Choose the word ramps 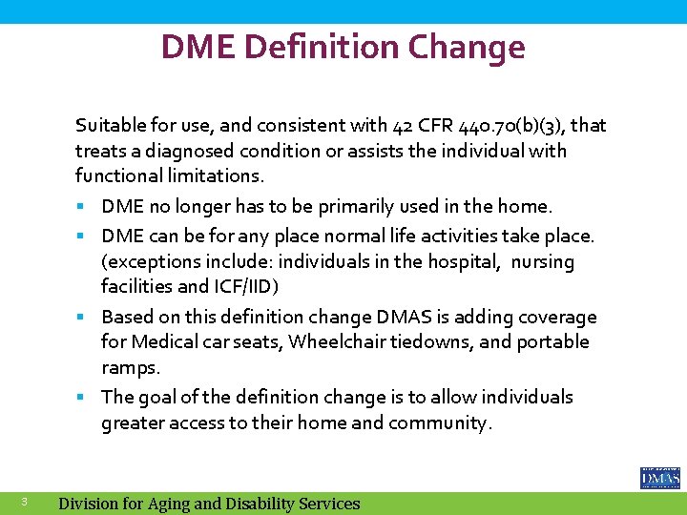pyautogui.click(x=131, y=367)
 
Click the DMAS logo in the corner pyautogui.click(x=660, y=478)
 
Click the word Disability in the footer pyautogui.click(x=248, y=504)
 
